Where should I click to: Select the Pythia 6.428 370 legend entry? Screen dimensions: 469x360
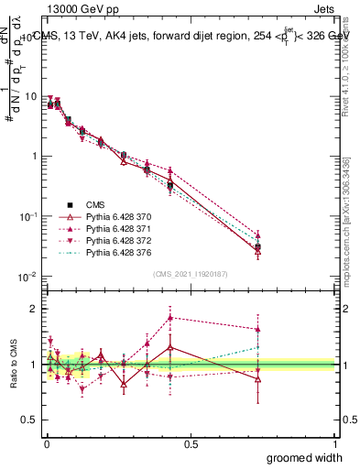pyautogui.click(x=115, y=217)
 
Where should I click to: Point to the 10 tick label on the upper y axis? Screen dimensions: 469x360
pyautogui.click(x=29, y=96)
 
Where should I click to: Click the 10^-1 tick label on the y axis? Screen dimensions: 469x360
pyautogui.click(x=27, y=216)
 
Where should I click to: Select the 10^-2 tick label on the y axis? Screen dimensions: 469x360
pyautogui.click(x=27, y=277)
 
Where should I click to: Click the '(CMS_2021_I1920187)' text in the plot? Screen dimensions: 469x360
pyautogui.click(x=190, y=273)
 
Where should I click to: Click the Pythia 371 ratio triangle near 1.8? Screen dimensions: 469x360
pyautogui.click(x=171, y=318)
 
